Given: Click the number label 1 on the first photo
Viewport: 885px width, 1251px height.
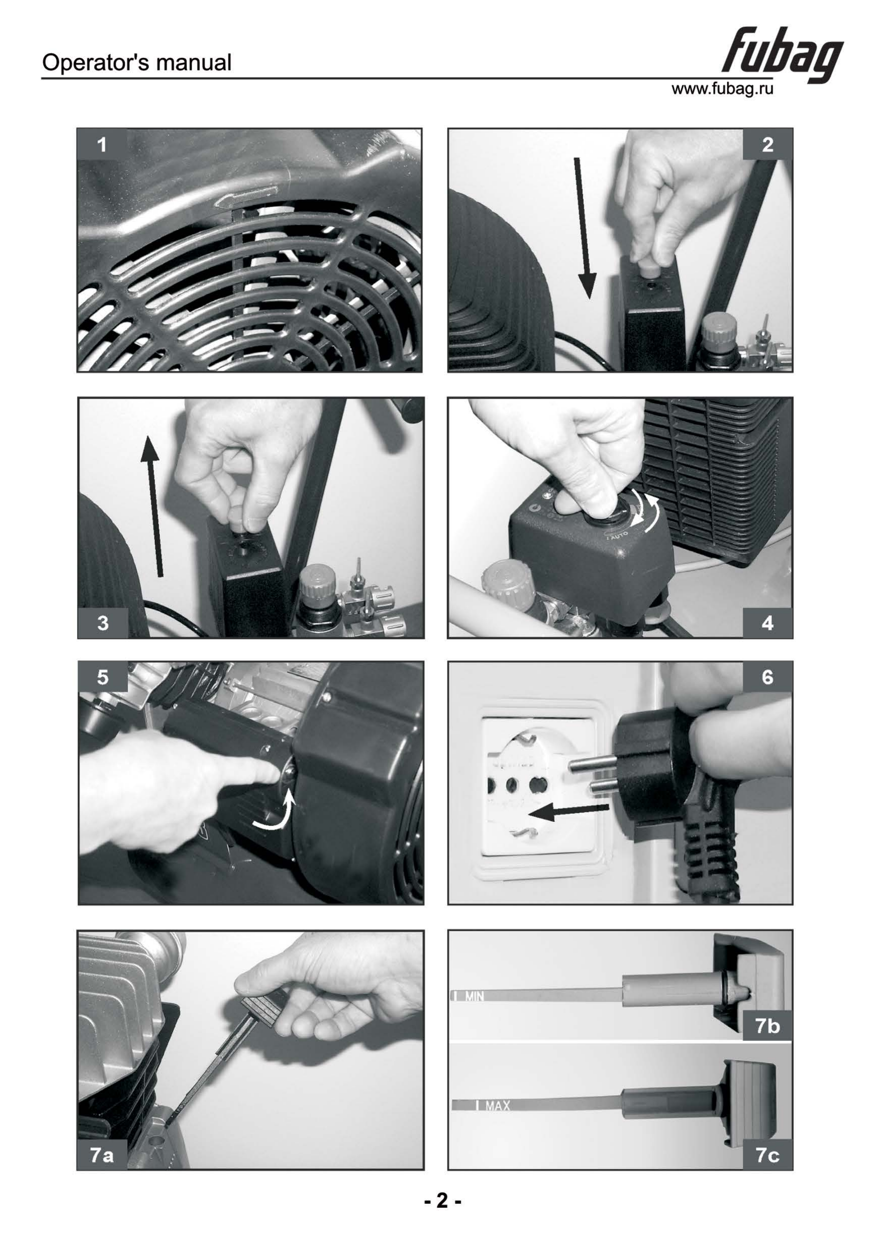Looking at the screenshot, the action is tap(102, 145).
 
